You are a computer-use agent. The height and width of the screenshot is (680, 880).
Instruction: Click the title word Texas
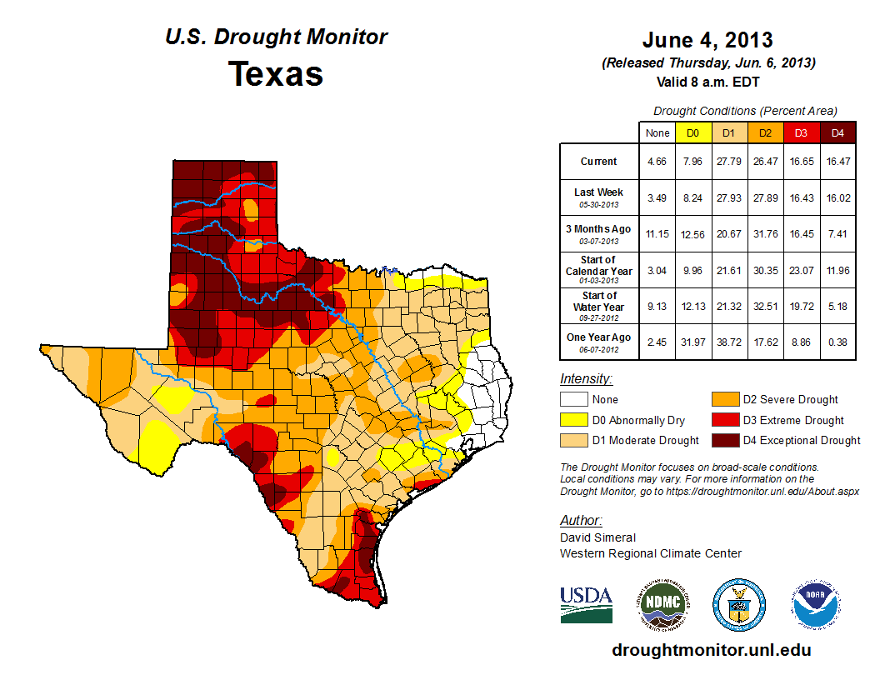[x=276, y=74]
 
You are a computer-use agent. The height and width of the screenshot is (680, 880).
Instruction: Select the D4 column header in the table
[x=837, y=132]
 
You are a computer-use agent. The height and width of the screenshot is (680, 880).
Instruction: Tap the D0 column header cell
[x=692, y=132]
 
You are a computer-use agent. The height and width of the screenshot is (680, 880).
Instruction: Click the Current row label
[x=599, y=162]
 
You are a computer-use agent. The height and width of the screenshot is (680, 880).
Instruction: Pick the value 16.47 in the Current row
[x=837, y=162]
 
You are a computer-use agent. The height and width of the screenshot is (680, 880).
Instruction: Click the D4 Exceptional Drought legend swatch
[x=724, y=440]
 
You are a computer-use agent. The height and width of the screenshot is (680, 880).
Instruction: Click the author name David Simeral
[x=597, y=537]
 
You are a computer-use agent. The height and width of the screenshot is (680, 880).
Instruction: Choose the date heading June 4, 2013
[x=707, y=40]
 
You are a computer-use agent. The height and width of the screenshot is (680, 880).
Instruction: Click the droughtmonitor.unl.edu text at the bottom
[x=711, y=650]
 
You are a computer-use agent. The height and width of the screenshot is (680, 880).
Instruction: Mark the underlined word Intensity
[x=586, y=379]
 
